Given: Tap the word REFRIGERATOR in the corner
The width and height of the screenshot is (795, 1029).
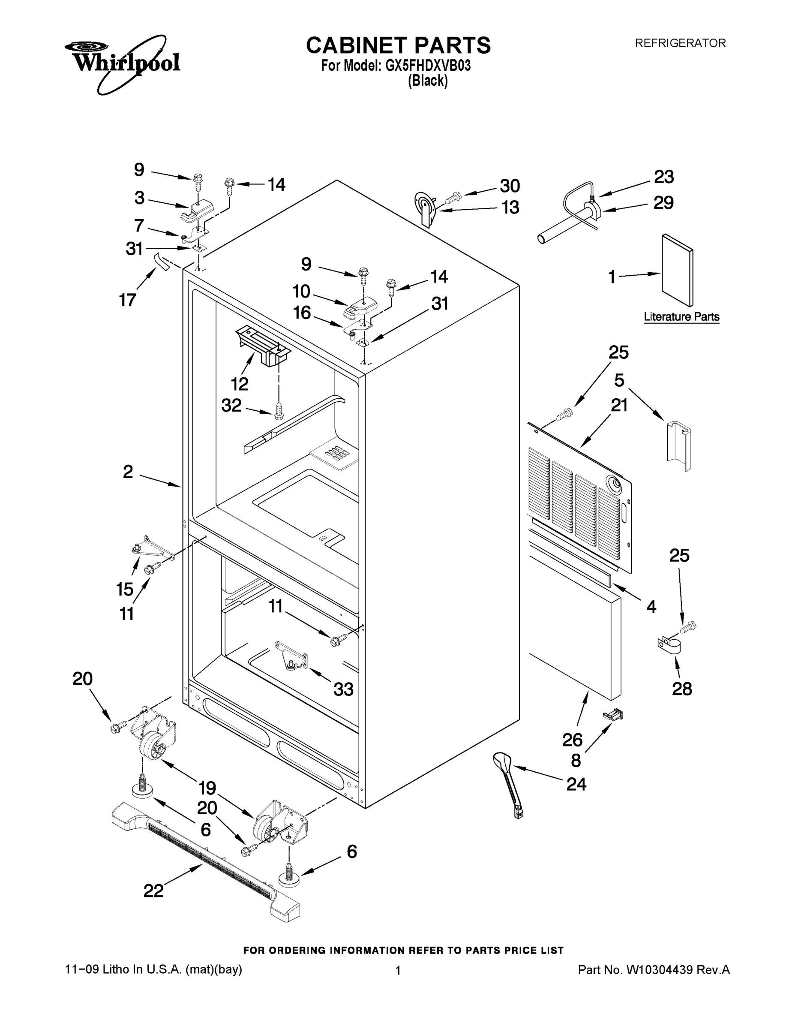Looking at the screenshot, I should (680, 43).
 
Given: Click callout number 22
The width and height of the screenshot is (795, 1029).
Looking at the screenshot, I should (153, 891).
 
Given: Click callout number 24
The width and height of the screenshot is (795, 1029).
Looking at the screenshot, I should (576, 784).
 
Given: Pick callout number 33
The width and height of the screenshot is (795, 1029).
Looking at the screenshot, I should (343, 689).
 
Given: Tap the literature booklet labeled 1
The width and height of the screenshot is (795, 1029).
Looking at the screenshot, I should (677, 271).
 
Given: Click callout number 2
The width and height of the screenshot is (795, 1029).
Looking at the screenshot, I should (128, 472).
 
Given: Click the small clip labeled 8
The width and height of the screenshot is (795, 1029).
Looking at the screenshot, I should (613, 715).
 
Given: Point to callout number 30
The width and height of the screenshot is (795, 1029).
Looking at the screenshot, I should (510, 186).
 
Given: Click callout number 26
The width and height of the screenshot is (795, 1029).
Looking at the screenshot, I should (572, 740).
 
